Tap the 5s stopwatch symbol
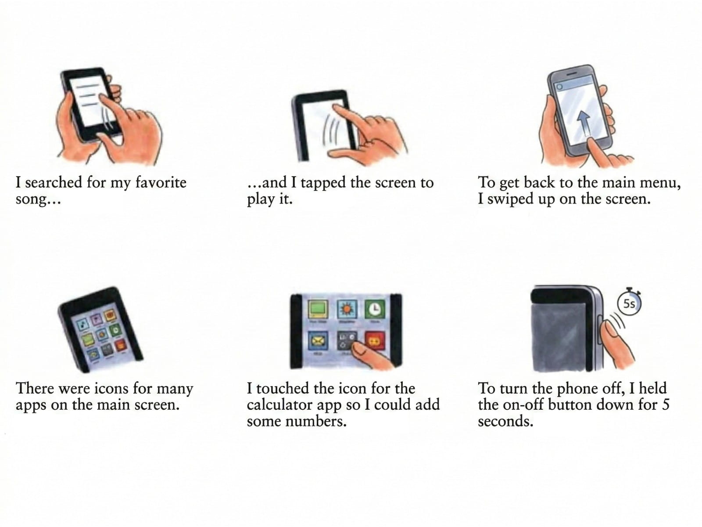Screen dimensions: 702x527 pos(629,302)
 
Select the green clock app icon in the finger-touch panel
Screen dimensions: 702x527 pos(375,310)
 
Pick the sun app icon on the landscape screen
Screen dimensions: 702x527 pos(347,309)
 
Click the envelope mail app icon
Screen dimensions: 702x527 pos(318,341)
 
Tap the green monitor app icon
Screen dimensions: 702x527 pos(318,309)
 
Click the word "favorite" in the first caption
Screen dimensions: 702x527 pos(161,183)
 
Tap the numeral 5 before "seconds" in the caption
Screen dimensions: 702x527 pos(666,405)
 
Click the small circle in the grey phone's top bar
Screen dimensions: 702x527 pos(559,87)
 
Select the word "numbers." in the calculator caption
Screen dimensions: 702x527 pos(316,422)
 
